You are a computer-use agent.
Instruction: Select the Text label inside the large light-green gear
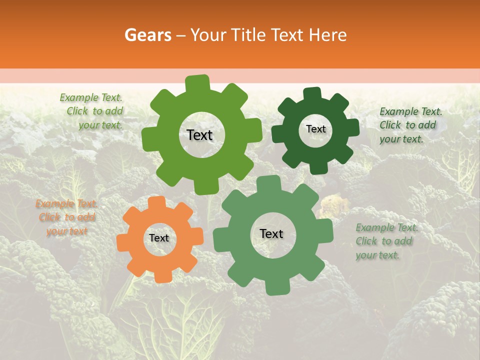point(199,135)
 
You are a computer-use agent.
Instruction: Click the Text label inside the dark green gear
point(315,129)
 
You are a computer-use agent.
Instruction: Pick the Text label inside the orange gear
point(159,238)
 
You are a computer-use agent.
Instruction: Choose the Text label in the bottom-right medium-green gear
point(271,233)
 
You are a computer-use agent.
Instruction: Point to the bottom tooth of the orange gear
point(162,276)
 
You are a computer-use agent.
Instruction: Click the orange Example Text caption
point(66,217)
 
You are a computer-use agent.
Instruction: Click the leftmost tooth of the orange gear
point(123,241)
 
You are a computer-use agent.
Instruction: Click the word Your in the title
point(206,35)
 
